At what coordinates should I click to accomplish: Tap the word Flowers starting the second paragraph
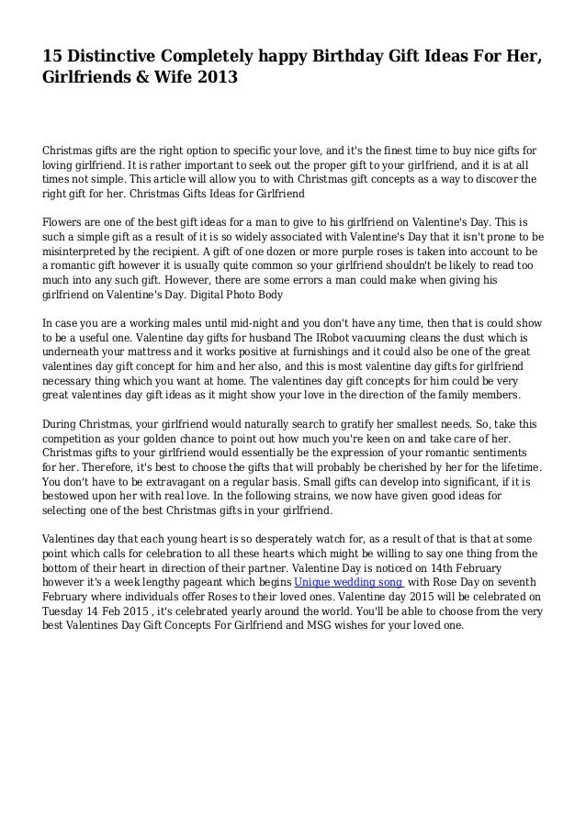pyautogui.click(x=66, y=222)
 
